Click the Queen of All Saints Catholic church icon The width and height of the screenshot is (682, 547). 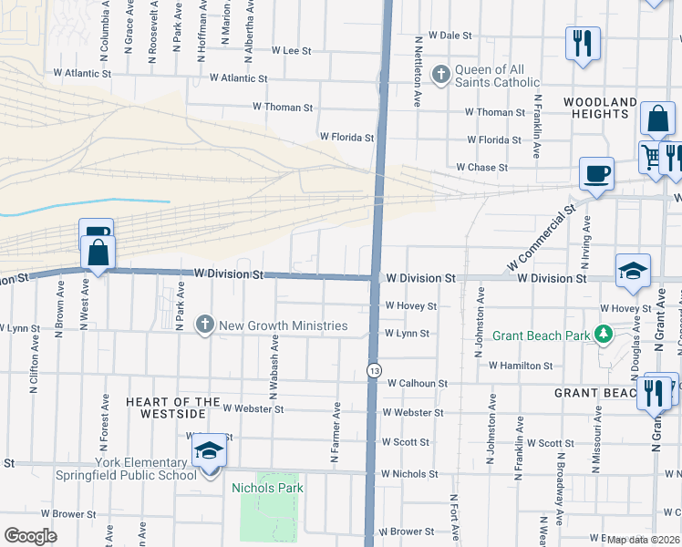pyautogui.click(x=441, y=75)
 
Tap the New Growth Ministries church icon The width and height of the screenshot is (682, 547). pyautogui.click(x=205, y=325)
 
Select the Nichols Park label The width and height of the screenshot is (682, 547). pyautogui.click(x=268, y=488)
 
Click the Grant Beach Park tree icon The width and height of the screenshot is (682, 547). pyautogui.click(x=603, y=335)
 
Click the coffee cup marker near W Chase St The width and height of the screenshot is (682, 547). pyautogui.click(x=596, y=173)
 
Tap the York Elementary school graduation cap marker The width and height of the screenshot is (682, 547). pyautogui.click(x=209, y=449)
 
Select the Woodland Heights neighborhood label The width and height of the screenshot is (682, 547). pyautogui.click(x=599, y=108)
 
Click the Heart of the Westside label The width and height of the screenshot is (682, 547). pyautogui.click(x=172, y=408)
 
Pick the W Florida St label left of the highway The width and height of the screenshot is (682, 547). pyautogui.click(x=346, y=138)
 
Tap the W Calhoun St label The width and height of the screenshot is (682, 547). pyautogui.click(x=417, y=384)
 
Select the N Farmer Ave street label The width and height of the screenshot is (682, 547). pyautogui.click(x=336, y=429)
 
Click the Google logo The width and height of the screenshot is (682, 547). pyautogui.click(x=31, y=536)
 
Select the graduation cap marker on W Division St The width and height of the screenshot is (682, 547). pyautogui.click(x=633, y=270)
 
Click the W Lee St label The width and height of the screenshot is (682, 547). pyautogui.click(x=291, y=51)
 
